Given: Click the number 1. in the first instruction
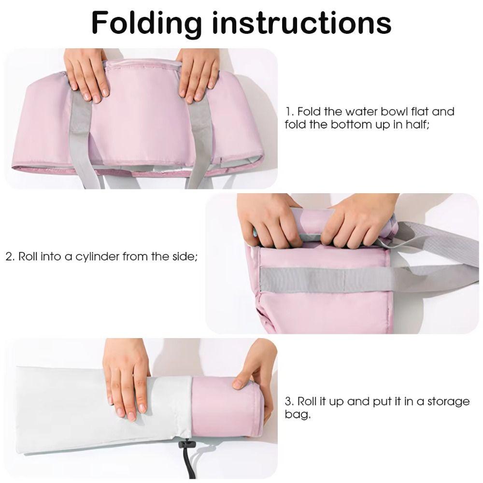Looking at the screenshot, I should [x=290, y=112].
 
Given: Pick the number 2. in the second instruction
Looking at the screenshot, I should [x=10, y=256].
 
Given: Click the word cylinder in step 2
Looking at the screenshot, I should [x=97, y=256].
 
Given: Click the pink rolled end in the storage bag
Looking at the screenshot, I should [x=222, y=406].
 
